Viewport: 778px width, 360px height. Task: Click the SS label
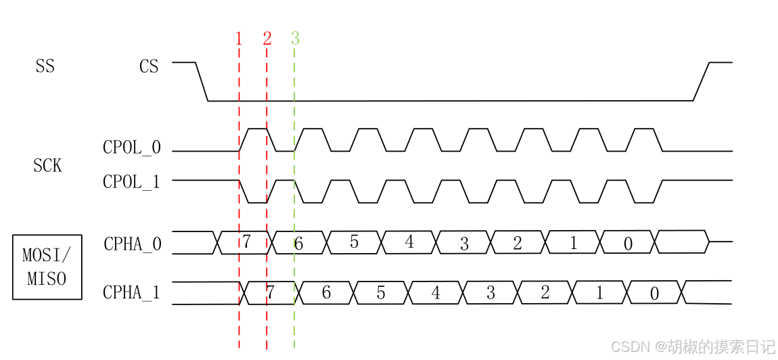(x=45, y=66)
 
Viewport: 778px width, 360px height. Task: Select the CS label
(x=149, y=66)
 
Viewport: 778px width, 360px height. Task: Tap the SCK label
(x=47, y=165)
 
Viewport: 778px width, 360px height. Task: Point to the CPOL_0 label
(x=132, y=148)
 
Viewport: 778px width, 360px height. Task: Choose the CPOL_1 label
(x=132, y=182)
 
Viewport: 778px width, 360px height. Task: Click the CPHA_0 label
(x=133, y=244)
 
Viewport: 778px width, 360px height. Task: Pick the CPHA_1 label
(x=132, y=292)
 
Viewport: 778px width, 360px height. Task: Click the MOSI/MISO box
(x=47, y=267)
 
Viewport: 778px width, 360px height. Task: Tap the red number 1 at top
(x=239, y=39)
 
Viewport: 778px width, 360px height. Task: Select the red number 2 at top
(x=267, y=39)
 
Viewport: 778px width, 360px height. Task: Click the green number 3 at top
(x=295, y=39)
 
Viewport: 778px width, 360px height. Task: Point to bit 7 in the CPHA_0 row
(x=246, y=242)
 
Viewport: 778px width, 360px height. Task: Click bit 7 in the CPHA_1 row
(x=271, y=292)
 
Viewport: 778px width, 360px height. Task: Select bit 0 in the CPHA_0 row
(x=628, y=244)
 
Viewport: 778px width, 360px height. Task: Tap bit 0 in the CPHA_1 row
(x=654, y=293)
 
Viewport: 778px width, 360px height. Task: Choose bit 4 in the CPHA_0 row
(x=409, y=242)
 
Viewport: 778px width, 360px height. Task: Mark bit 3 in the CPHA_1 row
(x=490, y=293)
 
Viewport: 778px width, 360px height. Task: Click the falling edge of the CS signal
(x=202, y=82)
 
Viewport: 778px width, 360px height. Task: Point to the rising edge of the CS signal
(x=702, y=82)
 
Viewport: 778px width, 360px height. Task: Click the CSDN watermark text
(x=693, y=346)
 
